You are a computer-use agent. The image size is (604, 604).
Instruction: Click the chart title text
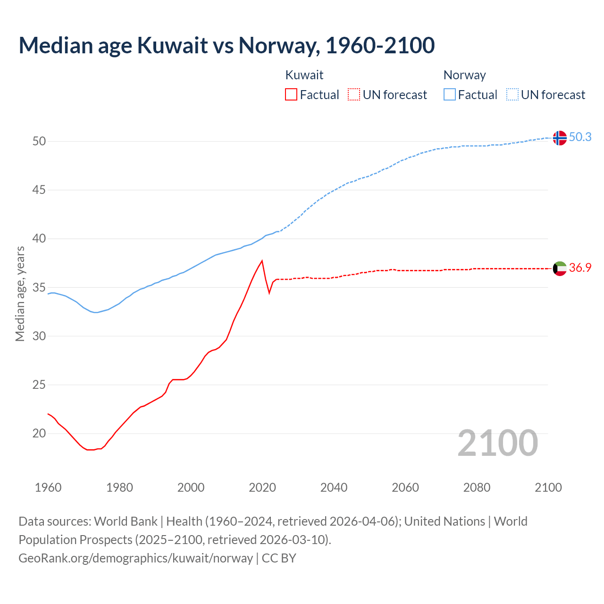(226, 45)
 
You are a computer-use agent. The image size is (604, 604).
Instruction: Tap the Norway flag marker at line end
(560, 138)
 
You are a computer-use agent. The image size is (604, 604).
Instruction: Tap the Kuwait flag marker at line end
(560, 268)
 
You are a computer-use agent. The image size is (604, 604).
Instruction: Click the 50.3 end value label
(580, 137)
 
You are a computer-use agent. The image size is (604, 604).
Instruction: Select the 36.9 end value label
(580, 268)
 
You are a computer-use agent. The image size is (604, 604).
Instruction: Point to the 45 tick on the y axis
(39, 190)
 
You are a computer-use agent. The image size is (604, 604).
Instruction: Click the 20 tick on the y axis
(39, 433)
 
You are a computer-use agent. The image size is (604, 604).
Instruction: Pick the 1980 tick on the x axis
(119, 487)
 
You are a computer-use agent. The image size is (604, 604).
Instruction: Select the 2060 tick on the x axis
(405, 487)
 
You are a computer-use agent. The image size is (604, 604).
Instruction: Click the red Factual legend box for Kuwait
(291, 94)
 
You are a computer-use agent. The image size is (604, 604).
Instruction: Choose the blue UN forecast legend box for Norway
(512, 94)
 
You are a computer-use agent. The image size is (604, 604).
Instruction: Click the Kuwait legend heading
(304, 75)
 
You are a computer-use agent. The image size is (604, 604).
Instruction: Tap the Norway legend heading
(464, 75)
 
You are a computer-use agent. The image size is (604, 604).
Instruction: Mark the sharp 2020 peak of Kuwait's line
(262, 261)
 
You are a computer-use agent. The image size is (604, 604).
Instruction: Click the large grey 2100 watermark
(497, 443)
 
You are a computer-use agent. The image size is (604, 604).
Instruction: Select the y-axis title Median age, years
(20, 294)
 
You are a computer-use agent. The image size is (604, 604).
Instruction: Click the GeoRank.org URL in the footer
(135, 558)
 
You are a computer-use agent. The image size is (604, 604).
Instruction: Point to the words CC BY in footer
(279, 558)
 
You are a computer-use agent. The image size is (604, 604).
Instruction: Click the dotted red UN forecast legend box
(354, 94)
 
